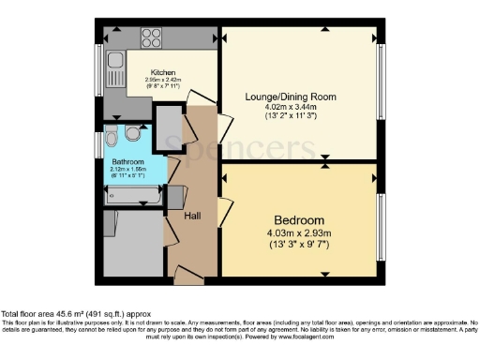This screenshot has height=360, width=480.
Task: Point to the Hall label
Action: pyautogui.click(x=191, y=216)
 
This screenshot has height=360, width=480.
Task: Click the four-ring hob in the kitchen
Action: pyautogui.click(x=153, y=38)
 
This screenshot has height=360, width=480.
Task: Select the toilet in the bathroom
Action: pyautogui.click(x=112, y=138)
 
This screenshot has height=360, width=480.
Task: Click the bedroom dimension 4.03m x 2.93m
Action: pyautogui.click(x=297, y=232)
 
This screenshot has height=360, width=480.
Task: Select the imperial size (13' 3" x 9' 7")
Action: pyautogui.click(x=297, y=245)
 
